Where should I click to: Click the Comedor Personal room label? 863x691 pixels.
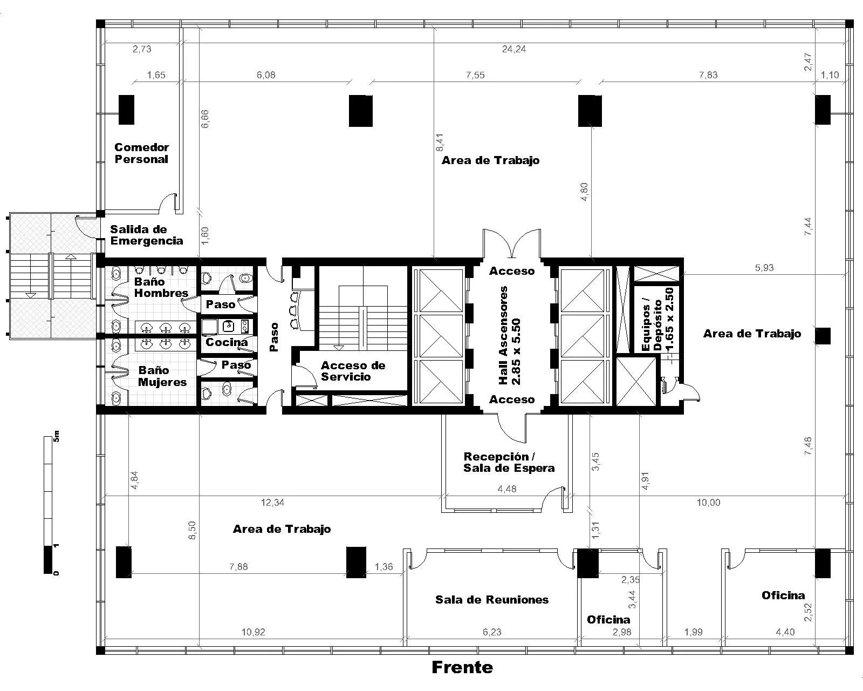coord(141,153)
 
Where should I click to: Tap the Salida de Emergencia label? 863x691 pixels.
coord(146,235)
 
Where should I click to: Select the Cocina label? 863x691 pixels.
coord(227,342)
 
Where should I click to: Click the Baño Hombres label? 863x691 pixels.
coord(161,287)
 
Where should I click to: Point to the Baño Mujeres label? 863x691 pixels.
coord(162,376)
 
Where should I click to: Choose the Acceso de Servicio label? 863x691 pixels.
coord(353,371)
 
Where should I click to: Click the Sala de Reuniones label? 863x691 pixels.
coord(492,599)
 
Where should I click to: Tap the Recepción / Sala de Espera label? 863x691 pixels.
coord(509,462)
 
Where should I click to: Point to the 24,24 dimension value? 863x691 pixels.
coord(513,49)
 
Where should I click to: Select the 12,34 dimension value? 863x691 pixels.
coord(273,502)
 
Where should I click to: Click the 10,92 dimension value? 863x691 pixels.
coord(253,632)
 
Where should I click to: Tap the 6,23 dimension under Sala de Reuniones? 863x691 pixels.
coord(492,632)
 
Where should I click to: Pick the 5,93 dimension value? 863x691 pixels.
coord(764,268)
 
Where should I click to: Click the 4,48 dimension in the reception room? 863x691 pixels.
coord(507,489)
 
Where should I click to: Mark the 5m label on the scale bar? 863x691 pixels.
coord(56,436)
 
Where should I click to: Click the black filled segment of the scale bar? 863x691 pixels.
coord(48,559)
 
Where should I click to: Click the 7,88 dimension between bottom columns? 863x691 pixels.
coord(238,566)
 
